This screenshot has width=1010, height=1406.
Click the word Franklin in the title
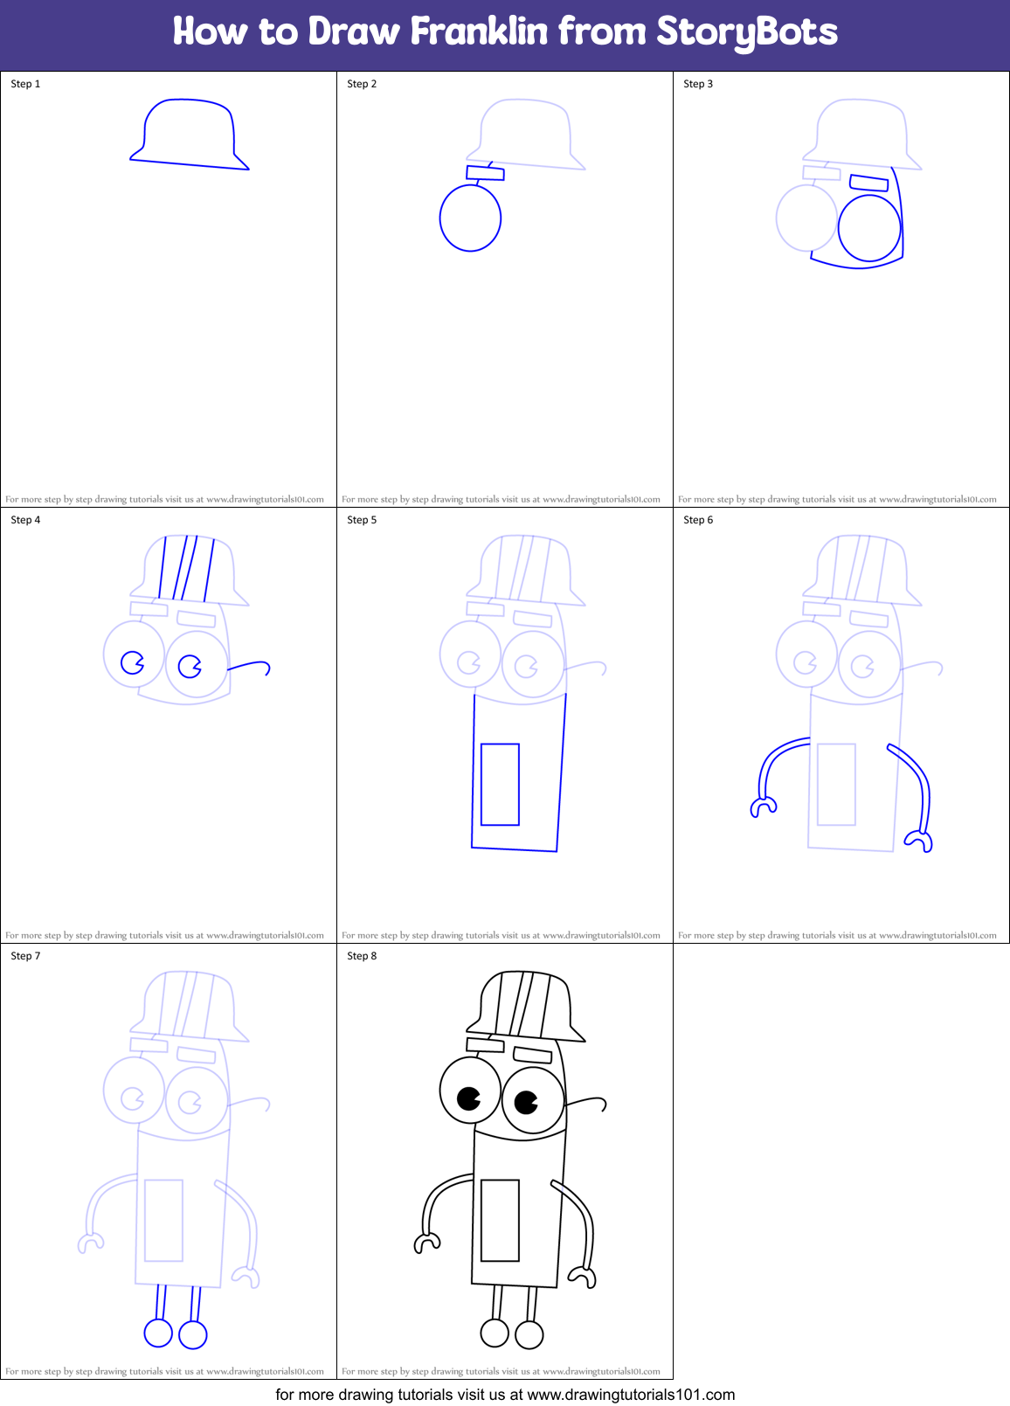[x=479, y=32]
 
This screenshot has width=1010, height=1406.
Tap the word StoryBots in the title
[x=746, y=32]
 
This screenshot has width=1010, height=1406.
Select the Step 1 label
[x=25, y=84]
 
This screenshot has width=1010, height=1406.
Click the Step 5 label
[x=362, y=520]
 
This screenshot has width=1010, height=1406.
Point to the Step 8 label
[x=362, y=956]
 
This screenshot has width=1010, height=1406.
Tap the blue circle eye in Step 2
[x=470, y=218]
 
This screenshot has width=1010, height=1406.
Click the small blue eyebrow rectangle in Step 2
[x=485, y=173]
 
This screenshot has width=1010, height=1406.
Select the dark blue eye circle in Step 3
[x=868, y=228]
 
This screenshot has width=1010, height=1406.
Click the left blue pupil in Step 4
[x=133, y=662]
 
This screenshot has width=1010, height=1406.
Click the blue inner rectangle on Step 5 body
[x=500, y=784]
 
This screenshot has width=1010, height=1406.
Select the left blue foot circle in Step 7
[x=158, y=1333]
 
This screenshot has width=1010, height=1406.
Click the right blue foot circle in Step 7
[x=193, y=1334]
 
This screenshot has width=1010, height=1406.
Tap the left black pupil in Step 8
[x=468, y=1098]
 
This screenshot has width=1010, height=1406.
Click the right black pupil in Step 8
[x=525, y=1103]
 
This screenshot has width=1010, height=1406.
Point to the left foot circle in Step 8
[x=495, y=1333]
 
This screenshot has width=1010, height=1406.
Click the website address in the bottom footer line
[x=631, y=1395]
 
